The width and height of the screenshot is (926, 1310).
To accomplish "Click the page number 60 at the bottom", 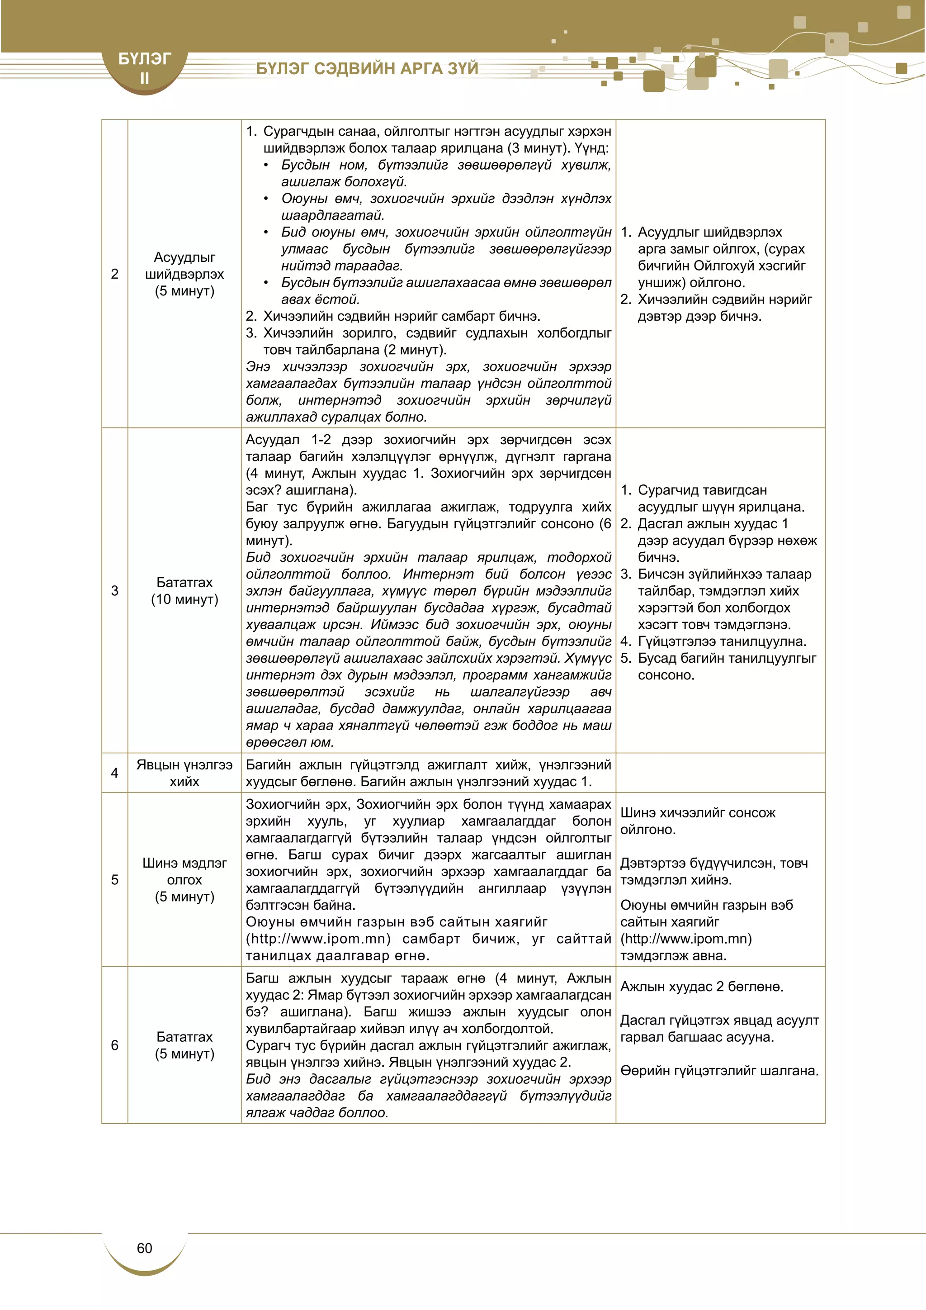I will pos(144,1248).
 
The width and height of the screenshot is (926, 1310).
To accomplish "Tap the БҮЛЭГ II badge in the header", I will pos(144,68).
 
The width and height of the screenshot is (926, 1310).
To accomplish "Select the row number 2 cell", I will pos(114,274).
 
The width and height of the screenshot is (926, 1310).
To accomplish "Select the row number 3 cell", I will pos(114,590).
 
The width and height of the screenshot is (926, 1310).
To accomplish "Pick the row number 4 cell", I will pos(114,773).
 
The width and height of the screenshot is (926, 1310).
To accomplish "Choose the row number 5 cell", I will pos(114,880).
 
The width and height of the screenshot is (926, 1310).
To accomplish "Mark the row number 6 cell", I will pos(114,1045).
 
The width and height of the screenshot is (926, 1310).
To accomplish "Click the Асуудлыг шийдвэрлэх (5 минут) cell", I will pos(184,274).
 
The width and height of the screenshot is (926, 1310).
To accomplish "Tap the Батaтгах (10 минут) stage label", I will pos(184,590).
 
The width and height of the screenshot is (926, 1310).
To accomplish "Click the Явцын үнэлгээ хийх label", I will pos(184,773).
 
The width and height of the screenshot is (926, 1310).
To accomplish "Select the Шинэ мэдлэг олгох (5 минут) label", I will pos(184,880).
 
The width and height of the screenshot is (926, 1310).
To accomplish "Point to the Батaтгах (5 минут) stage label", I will pos(184,1045).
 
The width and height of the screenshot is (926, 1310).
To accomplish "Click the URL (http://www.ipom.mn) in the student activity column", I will pos(686,939).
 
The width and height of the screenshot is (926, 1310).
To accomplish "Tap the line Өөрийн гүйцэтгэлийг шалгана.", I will pos(719,1071).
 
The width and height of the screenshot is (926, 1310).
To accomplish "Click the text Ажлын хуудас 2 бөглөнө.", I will pos(701,987).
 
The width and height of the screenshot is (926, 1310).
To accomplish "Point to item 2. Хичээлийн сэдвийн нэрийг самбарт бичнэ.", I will pos(393,316).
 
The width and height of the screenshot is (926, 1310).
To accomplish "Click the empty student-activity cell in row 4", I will pos(720,773).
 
